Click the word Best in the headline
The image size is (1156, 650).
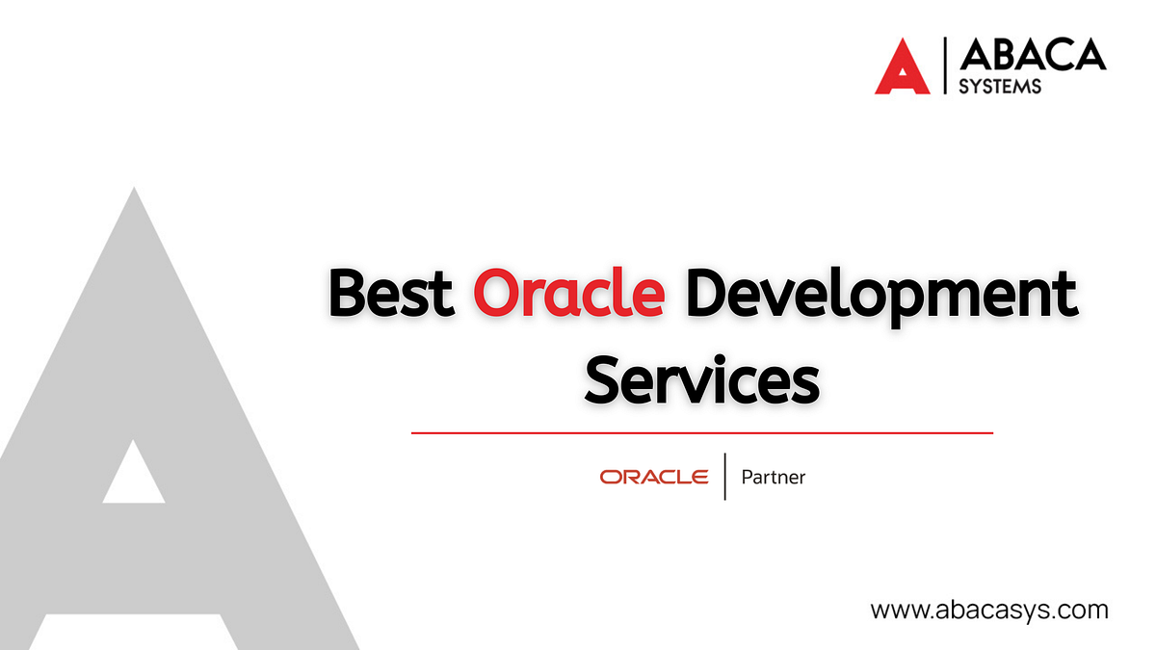point(391,294)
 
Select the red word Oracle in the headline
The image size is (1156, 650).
point(568,294)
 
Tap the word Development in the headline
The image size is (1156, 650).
point(880,296)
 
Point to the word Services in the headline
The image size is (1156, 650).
point(702,378)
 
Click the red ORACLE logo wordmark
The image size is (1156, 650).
point(654,477)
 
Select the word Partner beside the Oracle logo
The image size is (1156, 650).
point(773,477)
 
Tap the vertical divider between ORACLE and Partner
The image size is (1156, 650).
point(724,476)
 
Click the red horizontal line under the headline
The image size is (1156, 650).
point(701,433)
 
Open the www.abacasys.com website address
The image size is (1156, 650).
point(989,610)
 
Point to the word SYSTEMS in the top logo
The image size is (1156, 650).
point(1000,87)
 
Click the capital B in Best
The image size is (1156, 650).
point(349,294)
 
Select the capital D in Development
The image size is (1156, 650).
point(707,294)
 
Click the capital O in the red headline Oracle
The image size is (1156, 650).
point(497,294)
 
